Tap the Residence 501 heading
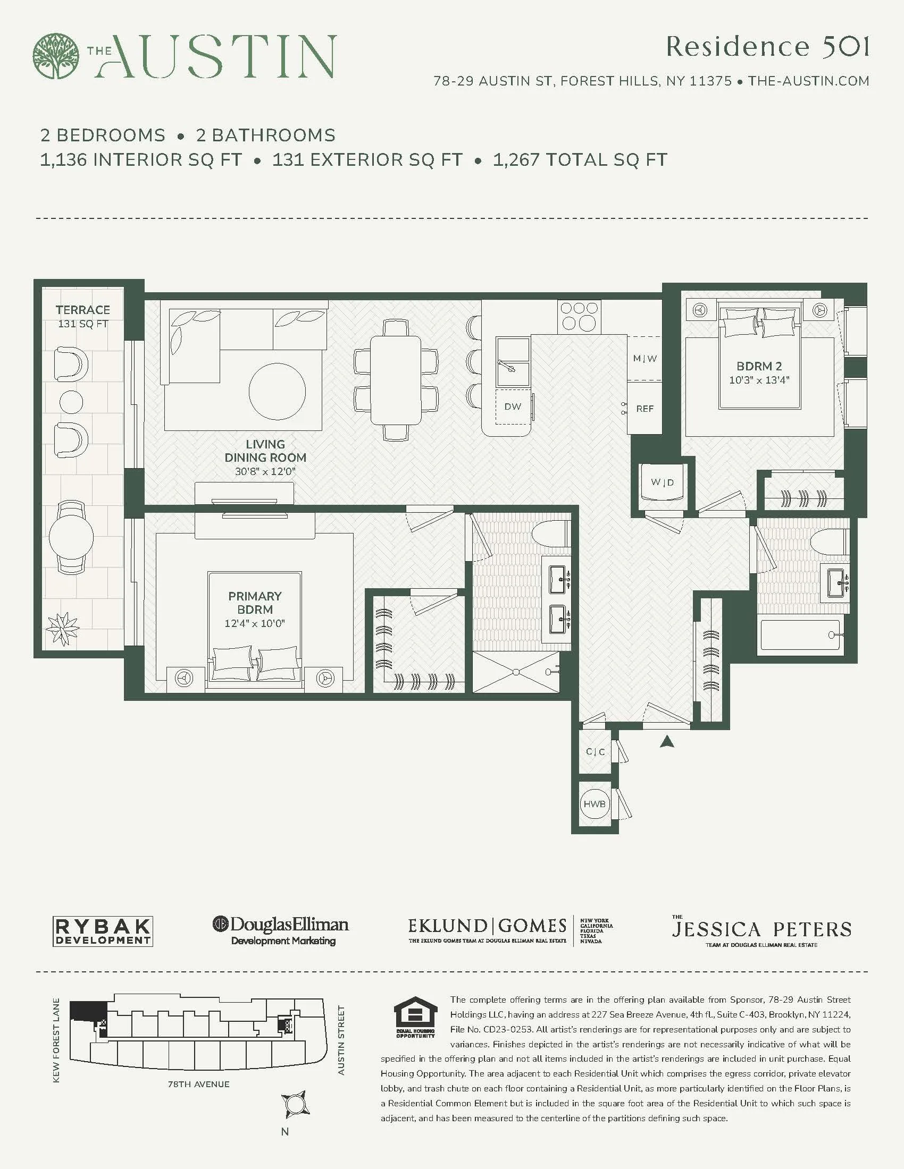(x=767, y=47)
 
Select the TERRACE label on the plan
(x=82, y=310)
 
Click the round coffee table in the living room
(x=278, y=391)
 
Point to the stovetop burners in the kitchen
(x=579, y=316)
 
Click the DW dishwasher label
(x=513, y=407)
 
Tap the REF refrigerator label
(x=645, y=409)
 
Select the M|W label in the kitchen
(x=645, y=359)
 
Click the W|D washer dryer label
(x=663, y=482)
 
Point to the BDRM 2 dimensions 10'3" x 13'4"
(x=759, y=380)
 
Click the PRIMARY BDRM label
(x=254, y=603)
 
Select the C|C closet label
(x=595, y=751)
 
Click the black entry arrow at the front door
(x=667, y=741)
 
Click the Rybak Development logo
(x=103, y=932)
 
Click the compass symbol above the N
(x=295, y=1104)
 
